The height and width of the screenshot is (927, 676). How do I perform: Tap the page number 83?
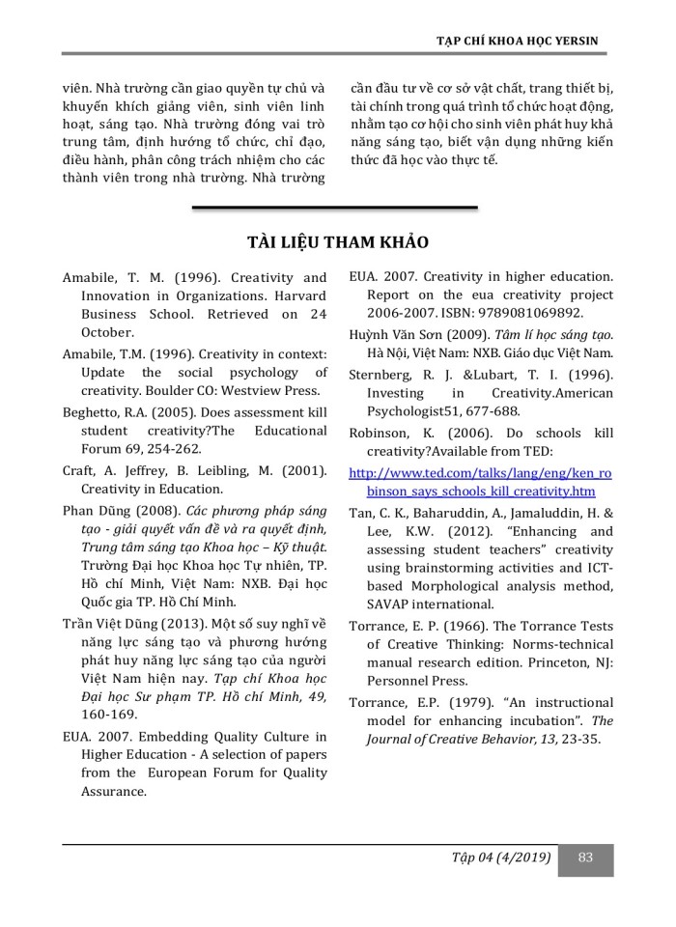coord(584,857)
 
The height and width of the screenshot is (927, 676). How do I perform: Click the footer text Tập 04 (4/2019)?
coord(500,857)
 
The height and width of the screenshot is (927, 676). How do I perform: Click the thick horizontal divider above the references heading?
coord(335,208)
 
